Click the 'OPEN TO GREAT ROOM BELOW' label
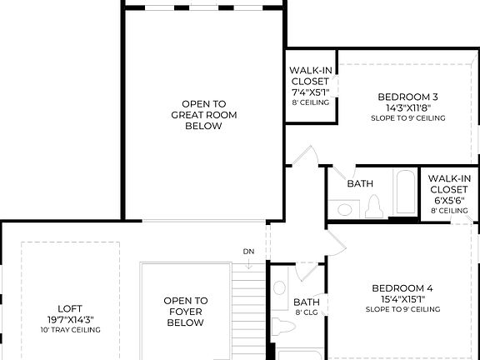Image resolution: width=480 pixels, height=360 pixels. (x=197, y=115)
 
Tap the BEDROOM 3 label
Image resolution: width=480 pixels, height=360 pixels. (x=407, y=96)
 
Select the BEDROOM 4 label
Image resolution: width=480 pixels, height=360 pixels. (x=402, y=288)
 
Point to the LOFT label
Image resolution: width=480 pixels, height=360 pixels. (x=70, y=307)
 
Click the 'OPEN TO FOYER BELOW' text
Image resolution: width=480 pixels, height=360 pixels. (x=185, y=312)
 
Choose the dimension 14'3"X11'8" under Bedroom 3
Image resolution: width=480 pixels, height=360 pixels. (x=407, y=107)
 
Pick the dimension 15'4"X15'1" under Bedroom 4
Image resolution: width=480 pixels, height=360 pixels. (x=402, y=299)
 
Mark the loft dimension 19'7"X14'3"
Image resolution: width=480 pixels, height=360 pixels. (x=70, y=318)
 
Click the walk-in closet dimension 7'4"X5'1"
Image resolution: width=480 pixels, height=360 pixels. (x=310, y=92)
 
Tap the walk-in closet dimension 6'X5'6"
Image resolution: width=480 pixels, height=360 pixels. (x=450, y=201)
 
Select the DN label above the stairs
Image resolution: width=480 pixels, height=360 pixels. (x=248, y=252)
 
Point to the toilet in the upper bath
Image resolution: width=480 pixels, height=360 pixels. (x=373, y=207)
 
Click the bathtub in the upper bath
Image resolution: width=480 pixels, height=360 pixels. (x=406, y=195)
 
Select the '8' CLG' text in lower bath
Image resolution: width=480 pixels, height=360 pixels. (x=307, y=313)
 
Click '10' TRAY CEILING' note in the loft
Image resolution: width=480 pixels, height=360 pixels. (x=70, y=330)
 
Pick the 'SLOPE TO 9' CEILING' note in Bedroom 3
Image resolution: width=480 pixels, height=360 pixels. (x=407, y=118)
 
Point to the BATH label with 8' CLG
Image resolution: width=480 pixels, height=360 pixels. (x=307, y=302)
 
